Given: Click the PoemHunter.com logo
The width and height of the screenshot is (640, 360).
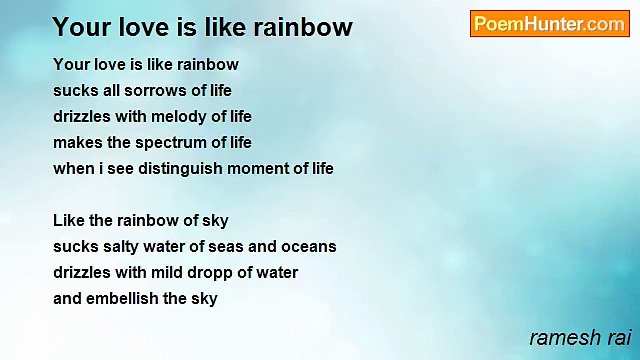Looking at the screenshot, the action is [550, 24].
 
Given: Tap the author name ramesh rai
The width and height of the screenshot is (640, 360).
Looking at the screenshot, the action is [580, 337].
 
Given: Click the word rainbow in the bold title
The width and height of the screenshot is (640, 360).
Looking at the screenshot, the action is [303, 27].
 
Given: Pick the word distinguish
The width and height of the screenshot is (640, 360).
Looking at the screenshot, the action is [180, 169].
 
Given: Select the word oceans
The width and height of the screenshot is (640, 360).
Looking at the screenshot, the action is [309, 247].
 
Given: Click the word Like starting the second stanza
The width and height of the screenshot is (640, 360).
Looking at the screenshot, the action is [69, 221].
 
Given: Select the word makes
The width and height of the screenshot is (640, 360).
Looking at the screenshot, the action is [78, 142].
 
